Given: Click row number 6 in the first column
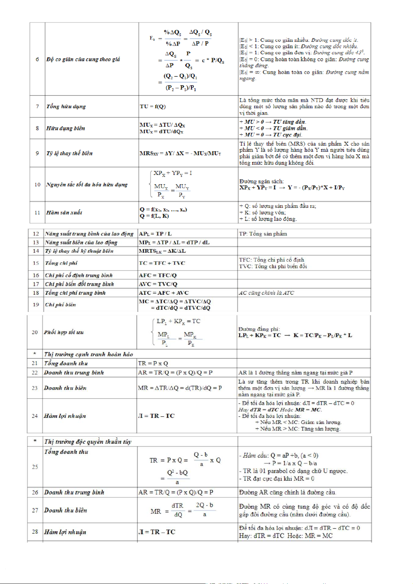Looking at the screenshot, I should pyautogui.click(x=37, y=59).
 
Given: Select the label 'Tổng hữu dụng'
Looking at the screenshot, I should pyautogui.click(x=66, y=106).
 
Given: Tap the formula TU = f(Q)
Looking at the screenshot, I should pyautogui.click(x=153, y=106).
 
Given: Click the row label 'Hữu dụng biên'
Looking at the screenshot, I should pyautogui.click(x=66, y=128).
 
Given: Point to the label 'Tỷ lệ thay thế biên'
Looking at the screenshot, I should pyautogui.click(x=69, y=153).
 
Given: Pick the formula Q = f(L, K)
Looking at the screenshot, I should pyautogui.click(x=154, y=216).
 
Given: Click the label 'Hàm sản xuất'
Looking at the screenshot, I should pyautogui.click(x=64, y=212).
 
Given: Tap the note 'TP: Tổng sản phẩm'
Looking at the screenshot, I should pyautogui.click(x=263, y=234).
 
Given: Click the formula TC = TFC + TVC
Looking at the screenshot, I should pyautogui.click(x=162, y=263).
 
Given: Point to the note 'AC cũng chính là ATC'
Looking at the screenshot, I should pyautogui.click(x=266, y=293).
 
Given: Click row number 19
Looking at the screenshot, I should pyautogui.click(x=36, y=305).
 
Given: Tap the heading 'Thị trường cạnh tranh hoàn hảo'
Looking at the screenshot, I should pyautogui.click(x=88, y=354).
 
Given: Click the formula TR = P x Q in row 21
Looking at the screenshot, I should pyautogui.click(x=153, y=363).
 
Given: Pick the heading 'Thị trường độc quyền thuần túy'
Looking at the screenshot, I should pyautogui.click(x=88, y=442).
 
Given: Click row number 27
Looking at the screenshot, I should pyautogui.click(x=35, y=510).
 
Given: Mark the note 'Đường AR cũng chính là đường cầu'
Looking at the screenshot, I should pyautogui.click(x=287, y=492).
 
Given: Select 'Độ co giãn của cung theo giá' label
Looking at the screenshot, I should pyautogui.click(x=83, y=59).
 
